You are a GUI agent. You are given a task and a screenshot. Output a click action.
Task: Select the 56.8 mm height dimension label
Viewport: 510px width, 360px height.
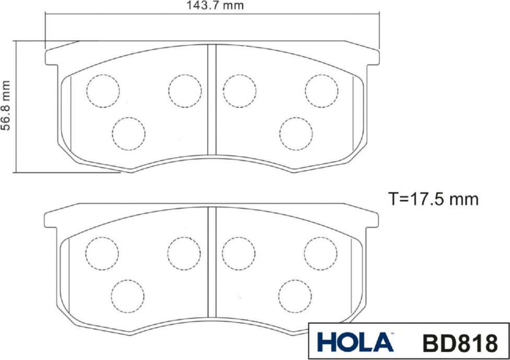click(x=6, y=107)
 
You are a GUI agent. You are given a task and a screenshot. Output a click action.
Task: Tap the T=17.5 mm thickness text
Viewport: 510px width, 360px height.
click(x=433, y=199)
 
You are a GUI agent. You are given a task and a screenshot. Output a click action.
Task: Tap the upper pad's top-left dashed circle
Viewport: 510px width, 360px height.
click(x=103, y=91)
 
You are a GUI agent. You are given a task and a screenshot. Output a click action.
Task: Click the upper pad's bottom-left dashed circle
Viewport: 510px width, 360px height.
click(x=128, y=134)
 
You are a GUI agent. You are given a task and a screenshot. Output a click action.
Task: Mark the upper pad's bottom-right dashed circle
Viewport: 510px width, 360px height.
click(x=296, y=134)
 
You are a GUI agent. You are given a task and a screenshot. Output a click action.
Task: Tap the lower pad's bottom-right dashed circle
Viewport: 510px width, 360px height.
click(x=295, y=296)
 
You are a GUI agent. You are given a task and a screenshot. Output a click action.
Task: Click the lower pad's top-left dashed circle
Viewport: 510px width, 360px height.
click(x=102, y=253)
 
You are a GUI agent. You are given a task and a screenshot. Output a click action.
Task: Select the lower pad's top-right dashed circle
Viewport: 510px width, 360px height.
click(x=321, y=253)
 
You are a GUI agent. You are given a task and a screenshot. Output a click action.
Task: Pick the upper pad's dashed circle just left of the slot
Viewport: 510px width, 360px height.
click(x=184, y=91)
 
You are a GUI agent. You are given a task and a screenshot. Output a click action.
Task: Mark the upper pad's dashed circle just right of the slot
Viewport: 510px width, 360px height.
click(x=239, y=91)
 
